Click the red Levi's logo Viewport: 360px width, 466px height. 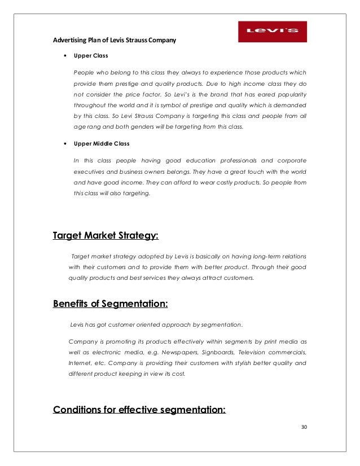[272, 32]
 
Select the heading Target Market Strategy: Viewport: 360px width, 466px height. [106, 235]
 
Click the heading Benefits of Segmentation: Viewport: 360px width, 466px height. [110, 304]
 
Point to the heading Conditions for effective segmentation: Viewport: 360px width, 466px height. [139, 409]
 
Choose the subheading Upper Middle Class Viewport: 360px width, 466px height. [102, 143]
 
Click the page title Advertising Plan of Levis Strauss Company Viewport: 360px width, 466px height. [115, 40]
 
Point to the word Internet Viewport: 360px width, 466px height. [80, 363]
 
